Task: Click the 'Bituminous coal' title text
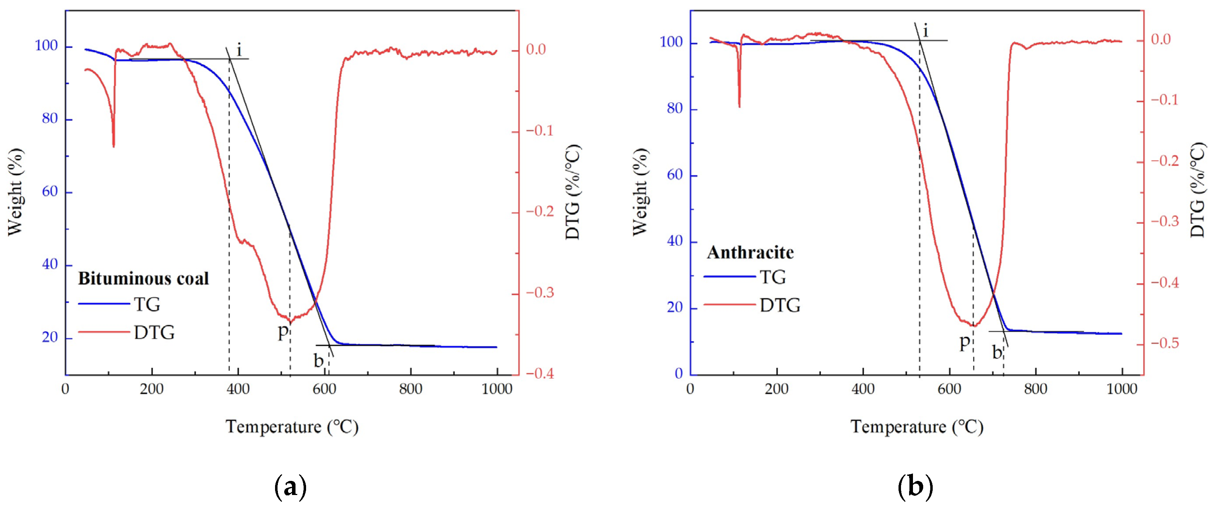(x=143, y=279)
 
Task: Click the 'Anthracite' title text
(x=750, y=253)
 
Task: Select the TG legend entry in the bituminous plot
(x=147, y=304)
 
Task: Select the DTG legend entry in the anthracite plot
(x=780, y=306)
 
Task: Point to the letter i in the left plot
(x=239, y=50)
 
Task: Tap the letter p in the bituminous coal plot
(x=282, y=332)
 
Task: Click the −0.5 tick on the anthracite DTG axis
(x=1165, y=344)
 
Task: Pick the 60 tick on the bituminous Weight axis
(x=50, y=192)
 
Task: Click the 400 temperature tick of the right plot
(x=863, y=389)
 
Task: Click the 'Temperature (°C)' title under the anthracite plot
(x=916, y=427)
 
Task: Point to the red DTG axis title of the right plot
(x=1199, y=192)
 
